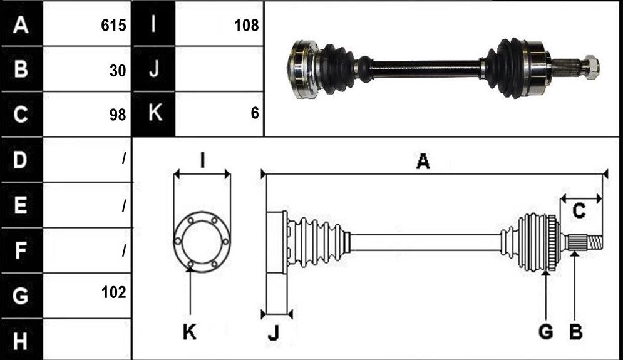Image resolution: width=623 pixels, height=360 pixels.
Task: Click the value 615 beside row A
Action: click(x=113, y=26)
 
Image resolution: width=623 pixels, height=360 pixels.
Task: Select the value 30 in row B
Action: click(x=118, y=71)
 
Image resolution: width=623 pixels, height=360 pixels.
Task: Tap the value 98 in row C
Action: click(x=118, y=115)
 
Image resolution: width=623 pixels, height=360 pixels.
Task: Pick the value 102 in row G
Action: click(x=113, y=292)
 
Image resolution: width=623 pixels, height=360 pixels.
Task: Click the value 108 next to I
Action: click(x=246, y=26)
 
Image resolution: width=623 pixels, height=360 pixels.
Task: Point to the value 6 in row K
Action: click(x=255, y=113)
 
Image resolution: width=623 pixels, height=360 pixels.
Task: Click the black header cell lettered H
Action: click(x=21, y=340)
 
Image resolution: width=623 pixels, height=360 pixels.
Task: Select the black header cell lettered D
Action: click(x=21, y=160)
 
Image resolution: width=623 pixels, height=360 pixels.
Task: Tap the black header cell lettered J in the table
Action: click(x=154, y=69)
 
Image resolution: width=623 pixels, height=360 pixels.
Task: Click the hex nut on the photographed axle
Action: click(x=591, y=68)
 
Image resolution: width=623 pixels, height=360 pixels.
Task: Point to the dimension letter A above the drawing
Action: click(x=423, y=162)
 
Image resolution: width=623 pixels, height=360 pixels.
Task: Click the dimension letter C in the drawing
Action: click(x=579, y=210)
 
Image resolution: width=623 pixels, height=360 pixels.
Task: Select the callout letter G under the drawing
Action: click(x=546, y=331)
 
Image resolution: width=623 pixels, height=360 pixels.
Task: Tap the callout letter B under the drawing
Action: click(x=575, y=331)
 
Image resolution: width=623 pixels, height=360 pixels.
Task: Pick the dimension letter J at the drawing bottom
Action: click(x=274, y=332)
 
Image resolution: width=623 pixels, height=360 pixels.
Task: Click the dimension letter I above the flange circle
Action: click(x=203, y=162)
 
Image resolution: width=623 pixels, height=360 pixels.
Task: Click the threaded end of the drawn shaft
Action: click(x=595, y=242)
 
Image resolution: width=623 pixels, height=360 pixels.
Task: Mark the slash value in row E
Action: click(x=124, y=205)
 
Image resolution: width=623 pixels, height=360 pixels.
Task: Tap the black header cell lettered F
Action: click(x=21, y=250)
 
